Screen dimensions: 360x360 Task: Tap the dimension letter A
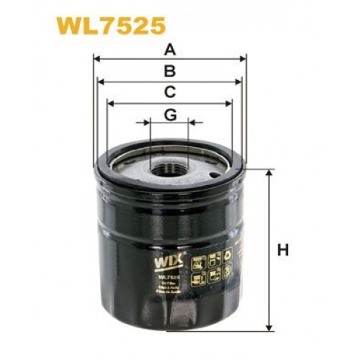[170, 50]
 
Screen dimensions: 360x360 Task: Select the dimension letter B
[170, 71]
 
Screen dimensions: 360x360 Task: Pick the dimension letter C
[170, 91]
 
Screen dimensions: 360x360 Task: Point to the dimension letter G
[170, 114]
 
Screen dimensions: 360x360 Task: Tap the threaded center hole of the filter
[168, 170]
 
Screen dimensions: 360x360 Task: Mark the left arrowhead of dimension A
[97, 60]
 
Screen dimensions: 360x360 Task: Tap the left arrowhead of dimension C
[109, 102]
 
